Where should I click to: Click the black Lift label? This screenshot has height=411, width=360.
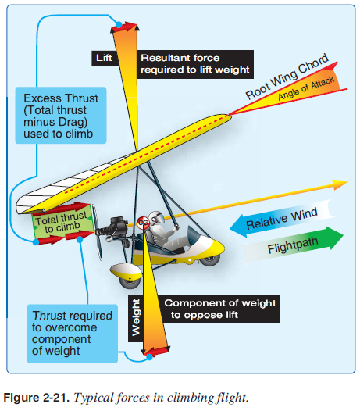tap(105, 58)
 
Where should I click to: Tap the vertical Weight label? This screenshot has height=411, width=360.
tap(136, 318)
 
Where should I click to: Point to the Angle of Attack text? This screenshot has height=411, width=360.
tap(306, 88)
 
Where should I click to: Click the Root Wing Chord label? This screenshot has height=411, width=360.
tap(287, 76)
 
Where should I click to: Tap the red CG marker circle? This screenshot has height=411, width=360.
tap(143, 223)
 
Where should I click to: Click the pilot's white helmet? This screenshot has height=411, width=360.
tap(157, 217)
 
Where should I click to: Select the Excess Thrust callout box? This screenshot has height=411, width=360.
tap(61, 116)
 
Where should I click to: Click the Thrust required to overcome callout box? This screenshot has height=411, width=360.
tap(73, 334)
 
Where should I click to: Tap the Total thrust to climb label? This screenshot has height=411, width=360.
tap(62, 222)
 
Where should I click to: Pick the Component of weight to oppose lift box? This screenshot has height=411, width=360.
tap(219, 309)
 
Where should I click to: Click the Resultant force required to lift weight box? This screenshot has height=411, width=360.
tap(195, 64)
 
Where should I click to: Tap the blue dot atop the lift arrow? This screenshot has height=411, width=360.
tap(119, 25)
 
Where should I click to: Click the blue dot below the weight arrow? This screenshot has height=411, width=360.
tap(149, 357)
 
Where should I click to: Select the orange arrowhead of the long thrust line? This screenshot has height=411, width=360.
tap(340, 184)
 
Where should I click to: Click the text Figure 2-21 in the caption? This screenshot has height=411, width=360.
tap(36, 398)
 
